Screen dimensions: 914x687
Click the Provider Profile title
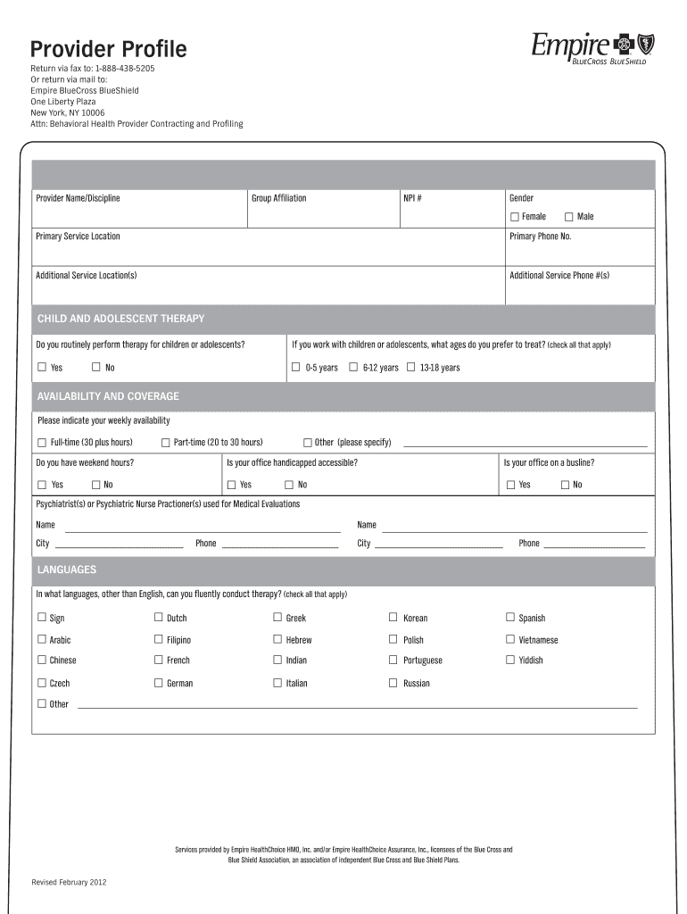tap(109, 48)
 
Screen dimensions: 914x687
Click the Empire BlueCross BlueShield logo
tap(588, 47)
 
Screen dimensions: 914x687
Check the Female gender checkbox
tap(515, 217)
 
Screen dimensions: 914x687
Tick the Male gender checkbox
tap(568, 217)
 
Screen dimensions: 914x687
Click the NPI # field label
tap(411, 198)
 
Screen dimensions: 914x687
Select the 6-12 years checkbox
tap(353, 367)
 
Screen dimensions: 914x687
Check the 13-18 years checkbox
tap(411, 367)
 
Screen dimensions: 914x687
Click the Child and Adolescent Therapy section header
tap(120, 319)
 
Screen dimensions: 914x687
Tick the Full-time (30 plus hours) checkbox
tap(42, 443)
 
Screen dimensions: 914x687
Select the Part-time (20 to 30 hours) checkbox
tap(165, 443)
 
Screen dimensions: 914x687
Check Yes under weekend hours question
tap(42, 485)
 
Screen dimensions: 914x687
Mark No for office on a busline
tap(565, 485)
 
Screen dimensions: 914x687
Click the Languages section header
tap(67, 569)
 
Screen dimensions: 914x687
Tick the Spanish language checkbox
tap(510, 617)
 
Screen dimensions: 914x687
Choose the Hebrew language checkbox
tap(277, 639)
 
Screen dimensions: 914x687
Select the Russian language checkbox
tap(393, 683)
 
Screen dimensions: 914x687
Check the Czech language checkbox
tap(42, 683)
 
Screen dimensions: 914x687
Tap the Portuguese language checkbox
tap(393, 661)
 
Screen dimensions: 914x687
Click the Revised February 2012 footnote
tap(70, 883)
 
